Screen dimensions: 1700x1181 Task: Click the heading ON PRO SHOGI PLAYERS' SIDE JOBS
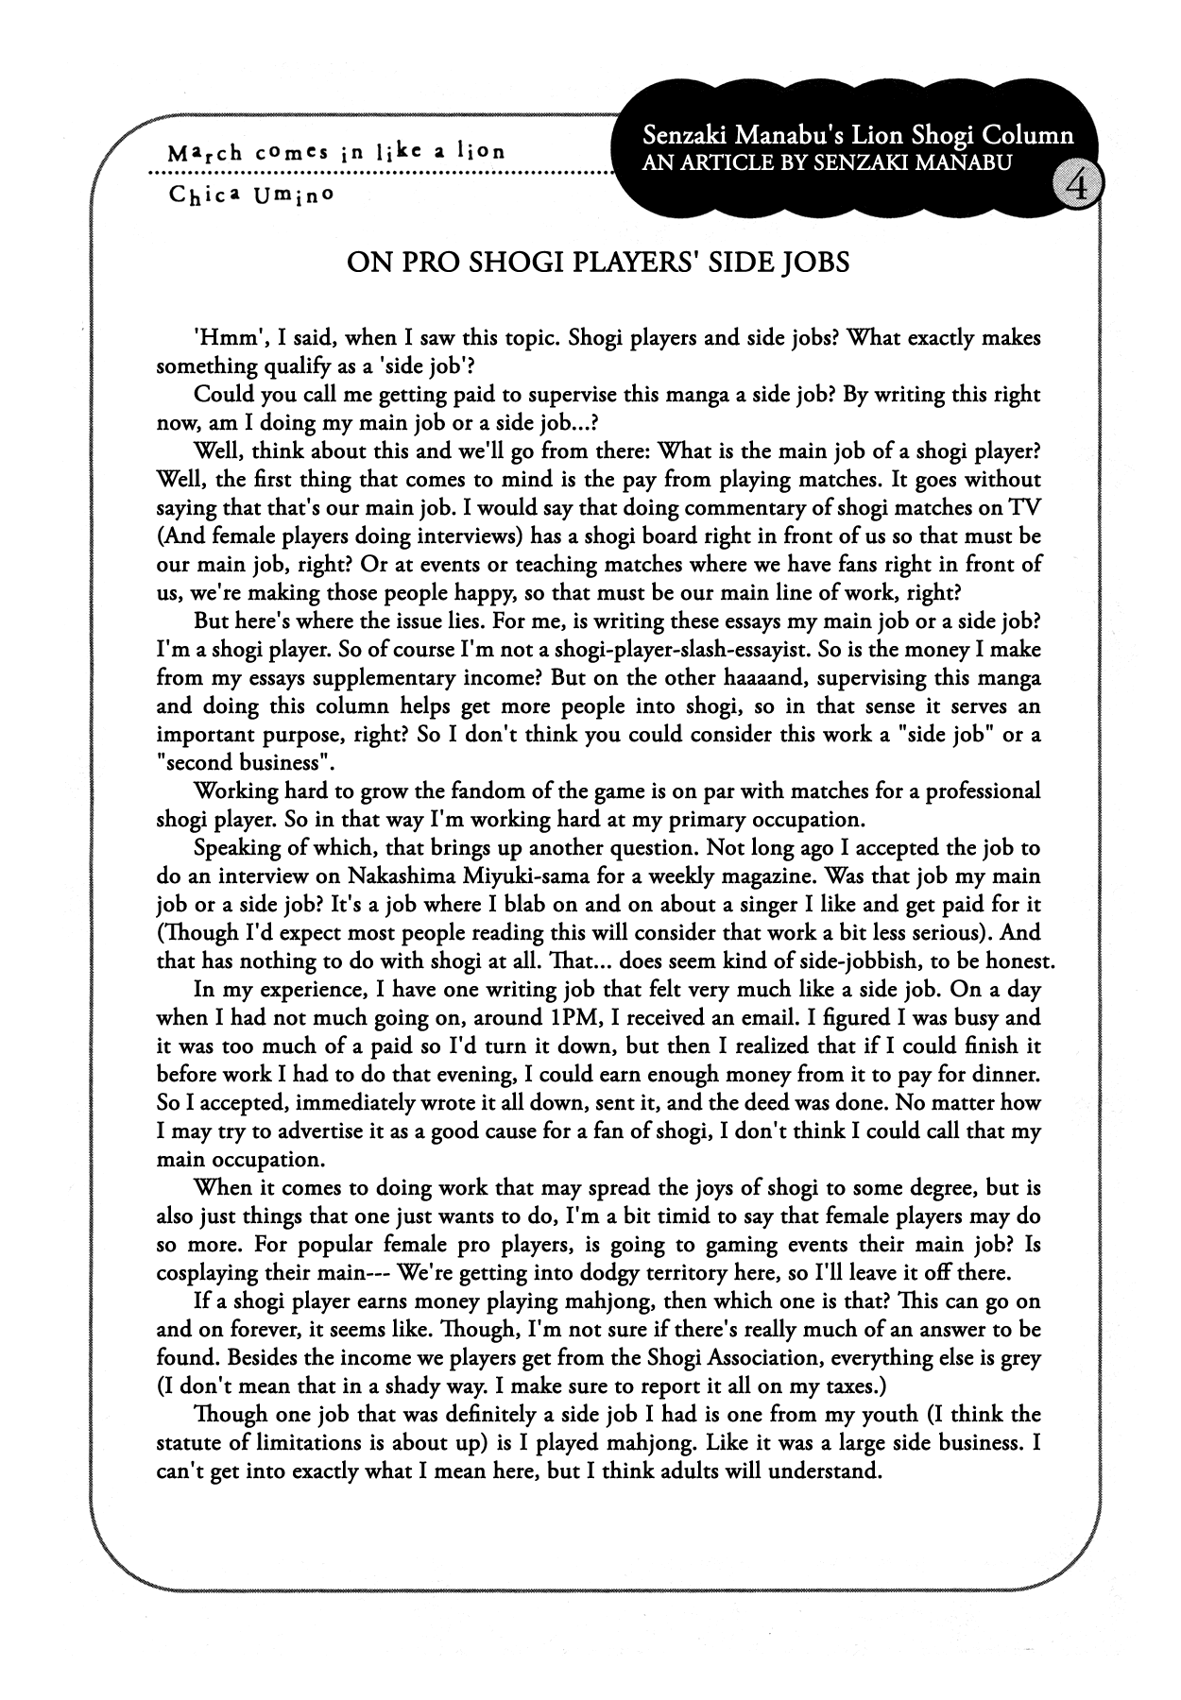[598, 262]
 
